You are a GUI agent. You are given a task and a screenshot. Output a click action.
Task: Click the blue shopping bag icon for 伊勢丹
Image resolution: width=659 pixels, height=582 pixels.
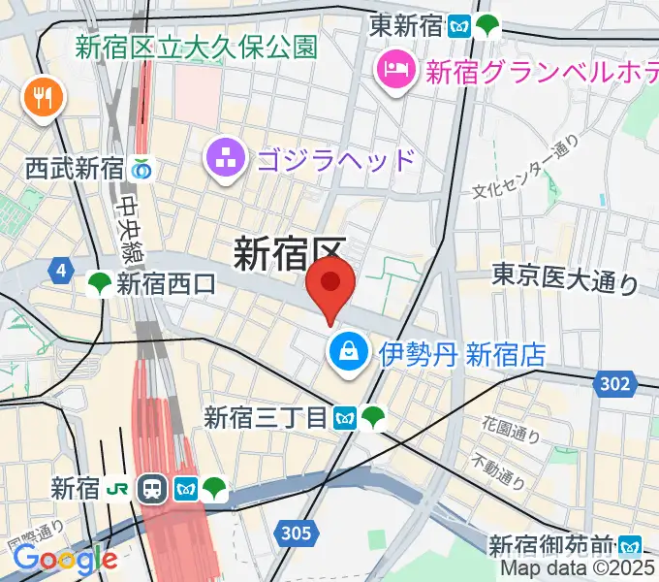click(x=347, y=352)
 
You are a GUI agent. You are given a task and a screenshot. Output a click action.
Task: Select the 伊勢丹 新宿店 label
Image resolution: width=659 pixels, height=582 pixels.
click(x=461, y=354)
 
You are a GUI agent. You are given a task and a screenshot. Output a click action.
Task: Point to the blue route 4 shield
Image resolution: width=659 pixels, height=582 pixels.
click(x=62, y=271)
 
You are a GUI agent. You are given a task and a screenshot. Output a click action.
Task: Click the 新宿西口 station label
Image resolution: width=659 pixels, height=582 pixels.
click(x=166, y=283)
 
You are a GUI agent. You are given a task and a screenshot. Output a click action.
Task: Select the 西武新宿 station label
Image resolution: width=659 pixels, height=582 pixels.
click(x=75, y=169)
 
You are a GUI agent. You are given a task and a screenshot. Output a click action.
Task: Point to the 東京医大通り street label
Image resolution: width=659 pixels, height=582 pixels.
click(x=565, y=280)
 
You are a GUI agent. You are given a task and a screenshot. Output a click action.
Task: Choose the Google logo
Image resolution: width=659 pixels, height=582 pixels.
click(x=64, y=558)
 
